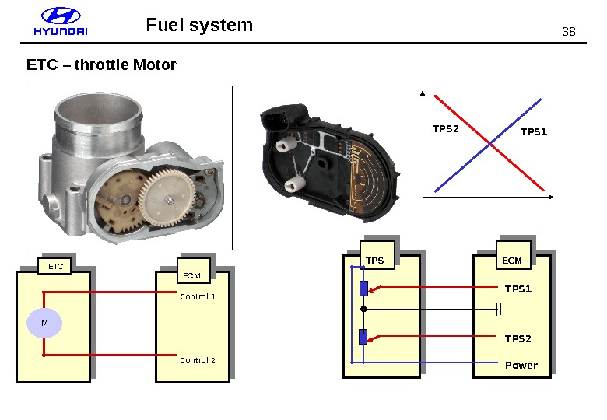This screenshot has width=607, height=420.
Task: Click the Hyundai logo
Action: pyautogui.click(x=61, y=22)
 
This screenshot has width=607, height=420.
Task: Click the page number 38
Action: pyautogui.click(x=568, y=32)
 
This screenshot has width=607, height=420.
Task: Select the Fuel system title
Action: pyautogui.click(x=199, y=25)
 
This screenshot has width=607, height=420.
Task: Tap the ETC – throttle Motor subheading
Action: pyautogui.click(x=101, y=65)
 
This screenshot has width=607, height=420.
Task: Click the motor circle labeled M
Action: pyautogui.click(x=44, y=323)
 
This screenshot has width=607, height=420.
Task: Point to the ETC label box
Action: pyautogui.click(x=54, y=266)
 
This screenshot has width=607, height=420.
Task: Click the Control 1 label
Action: pyautogui.click(x=198, y=296)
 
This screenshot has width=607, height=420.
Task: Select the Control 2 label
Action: pyautogui.click(x=198, y=360)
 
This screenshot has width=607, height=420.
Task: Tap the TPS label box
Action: pyautogui.click(x=377, y=255)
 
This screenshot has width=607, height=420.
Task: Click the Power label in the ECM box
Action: pyautogui.click(x=521, y=365)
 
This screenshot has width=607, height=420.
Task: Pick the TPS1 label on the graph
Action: pyautogui.click(x=534, y=132)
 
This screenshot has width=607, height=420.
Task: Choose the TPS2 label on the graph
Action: pyautogui.click(x=446, y=129)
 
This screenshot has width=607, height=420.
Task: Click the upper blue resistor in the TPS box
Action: pyautogui.click(x=363, y=289)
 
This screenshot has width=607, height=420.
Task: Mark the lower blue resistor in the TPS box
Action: pyautogui.click(x=363, y=337)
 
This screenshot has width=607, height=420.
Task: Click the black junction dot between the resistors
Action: pyautogui.click(x=363, y=309)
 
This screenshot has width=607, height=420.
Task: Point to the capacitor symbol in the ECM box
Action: pyautogui.click(x=499, y=310)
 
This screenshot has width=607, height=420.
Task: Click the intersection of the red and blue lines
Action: pyautogui.click(x=490, y=144)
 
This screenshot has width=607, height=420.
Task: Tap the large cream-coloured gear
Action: pyautogui.click(x=167, y=198)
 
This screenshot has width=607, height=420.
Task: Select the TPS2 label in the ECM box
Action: pyautogui.click(x=518, y=339)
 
